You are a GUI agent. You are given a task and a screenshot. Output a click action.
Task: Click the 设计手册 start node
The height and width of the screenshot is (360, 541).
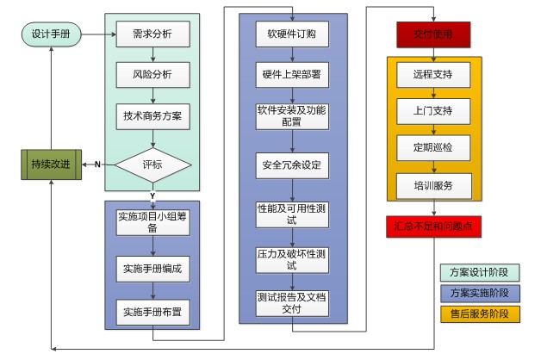(51, 34)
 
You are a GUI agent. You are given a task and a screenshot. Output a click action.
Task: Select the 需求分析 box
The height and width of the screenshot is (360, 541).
(152, 34)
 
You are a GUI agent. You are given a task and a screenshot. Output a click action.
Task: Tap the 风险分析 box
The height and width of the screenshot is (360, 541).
(152, 75)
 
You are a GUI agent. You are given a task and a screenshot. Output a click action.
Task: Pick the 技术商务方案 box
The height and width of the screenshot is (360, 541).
(152, 115)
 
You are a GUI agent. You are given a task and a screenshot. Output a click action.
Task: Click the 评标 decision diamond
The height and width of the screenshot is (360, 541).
(152, 164)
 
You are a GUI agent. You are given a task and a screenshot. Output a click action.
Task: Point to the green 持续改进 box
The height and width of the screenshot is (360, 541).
(51, 164)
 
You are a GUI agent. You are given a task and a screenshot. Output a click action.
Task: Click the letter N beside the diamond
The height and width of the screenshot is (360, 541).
(97, 164)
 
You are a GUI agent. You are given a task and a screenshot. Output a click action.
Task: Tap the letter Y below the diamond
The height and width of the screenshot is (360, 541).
(152, 195)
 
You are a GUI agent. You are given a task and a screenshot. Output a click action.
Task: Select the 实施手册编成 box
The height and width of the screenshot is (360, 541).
(152, 269)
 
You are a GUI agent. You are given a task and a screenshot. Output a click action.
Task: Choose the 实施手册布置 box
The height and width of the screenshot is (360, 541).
(152, 310)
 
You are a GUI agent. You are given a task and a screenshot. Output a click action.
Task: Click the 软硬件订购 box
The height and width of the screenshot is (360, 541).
(292, 34)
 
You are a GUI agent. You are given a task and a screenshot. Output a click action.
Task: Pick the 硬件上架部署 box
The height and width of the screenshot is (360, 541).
(292, 75)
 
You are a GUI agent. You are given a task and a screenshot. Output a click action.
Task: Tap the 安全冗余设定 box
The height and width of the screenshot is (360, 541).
(292, 164)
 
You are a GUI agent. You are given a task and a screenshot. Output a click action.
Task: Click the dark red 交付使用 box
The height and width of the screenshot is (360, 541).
(432, 34)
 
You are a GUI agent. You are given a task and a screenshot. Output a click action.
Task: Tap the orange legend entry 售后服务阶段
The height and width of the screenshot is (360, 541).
(479, 313)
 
